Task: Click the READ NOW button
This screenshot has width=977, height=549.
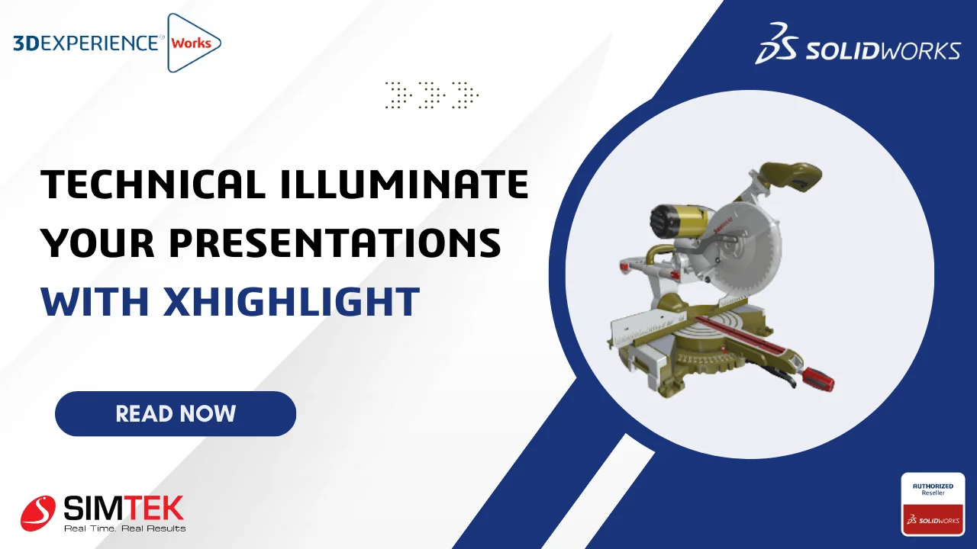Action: (x=176, y=413)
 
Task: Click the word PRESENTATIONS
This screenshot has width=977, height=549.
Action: (x=335, y=242)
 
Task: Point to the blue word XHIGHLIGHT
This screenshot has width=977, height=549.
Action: (x=292, y=301)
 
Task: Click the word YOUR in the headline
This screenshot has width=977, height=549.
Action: (x=98, y=242)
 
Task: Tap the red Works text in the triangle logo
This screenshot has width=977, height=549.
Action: (x=191, y=43)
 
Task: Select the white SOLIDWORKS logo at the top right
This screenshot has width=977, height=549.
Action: (x=857, y=43)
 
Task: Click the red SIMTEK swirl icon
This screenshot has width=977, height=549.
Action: (x=38, y=513)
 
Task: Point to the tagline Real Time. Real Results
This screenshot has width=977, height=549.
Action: (x=124, y=528)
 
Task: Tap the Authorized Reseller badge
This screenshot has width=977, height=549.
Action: (x=933, y=504)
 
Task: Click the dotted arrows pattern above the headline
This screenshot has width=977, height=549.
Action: (x=432, y=95)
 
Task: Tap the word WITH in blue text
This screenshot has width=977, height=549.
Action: (x=95, y=301)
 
